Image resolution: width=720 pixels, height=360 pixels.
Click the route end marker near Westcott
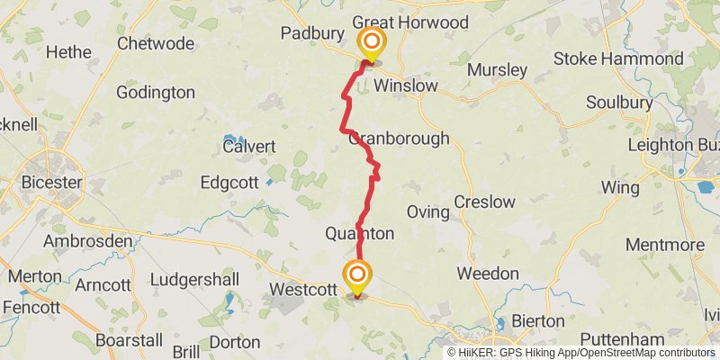(358, 274)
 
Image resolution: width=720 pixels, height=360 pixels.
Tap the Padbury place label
(312, 33)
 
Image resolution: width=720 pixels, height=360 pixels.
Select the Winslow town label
(405, 86)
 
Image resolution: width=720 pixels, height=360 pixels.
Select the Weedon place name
(488, 273)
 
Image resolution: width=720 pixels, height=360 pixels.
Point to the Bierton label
(537, 320)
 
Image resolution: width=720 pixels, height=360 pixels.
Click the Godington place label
(156, 93)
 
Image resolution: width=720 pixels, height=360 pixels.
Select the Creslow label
(484, 202)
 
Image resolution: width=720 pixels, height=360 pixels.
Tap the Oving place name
(427, 212)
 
